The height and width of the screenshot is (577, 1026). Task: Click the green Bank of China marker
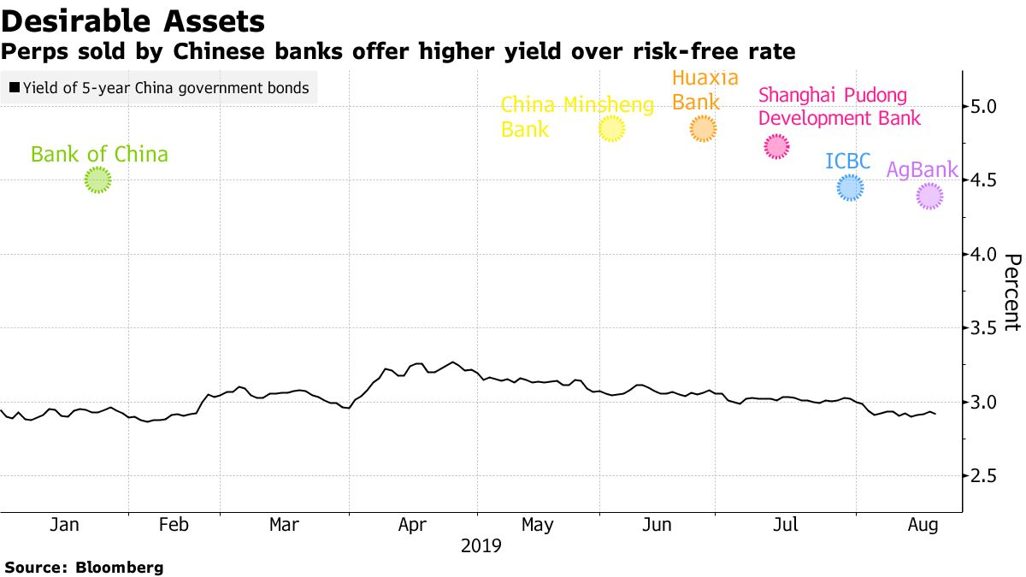[x=98, y=180]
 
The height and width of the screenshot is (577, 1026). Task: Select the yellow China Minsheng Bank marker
[x=611, y=129]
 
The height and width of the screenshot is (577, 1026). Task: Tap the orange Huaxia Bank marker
[x=703, y=129]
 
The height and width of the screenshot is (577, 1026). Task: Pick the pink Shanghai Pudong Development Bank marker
[x=776, y=147]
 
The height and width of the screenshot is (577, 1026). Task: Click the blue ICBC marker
[x=850, y=188]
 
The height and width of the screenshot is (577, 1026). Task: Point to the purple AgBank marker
[x=929, y=197]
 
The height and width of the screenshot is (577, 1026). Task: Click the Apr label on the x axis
[x=413, y=525]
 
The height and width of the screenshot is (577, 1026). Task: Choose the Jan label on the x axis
[x=64, y=525]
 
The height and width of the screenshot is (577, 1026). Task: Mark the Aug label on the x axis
[x=923, y=525]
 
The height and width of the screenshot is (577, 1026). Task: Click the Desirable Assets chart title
[x=133, y=21]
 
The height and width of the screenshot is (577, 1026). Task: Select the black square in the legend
[x=15, y=88]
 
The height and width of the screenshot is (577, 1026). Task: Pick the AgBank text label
[x=922, y=169]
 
